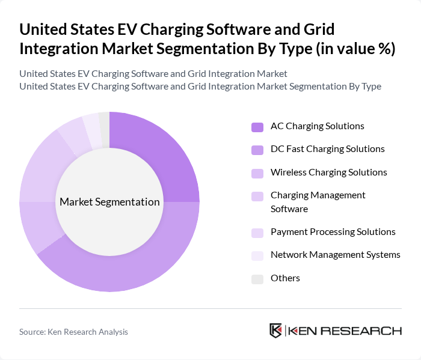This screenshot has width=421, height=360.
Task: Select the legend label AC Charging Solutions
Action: click(317, 126)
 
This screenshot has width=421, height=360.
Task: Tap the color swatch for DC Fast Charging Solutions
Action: click(257, 150)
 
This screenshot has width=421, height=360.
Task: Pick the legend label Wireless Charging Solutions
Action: click(328, 172)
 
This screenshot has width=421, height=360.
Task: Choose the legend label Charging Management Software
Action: click(318, 202)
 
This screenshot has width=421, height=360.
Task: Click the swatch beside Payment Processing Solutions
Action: click(257, 233)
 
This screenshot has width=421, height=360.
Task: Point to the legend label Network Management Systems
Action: click(335, 255)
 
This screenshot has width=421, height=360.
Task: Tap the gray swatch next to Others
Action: click(257, 279)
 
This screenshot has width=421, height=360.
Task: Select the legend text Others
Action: click(285, 278)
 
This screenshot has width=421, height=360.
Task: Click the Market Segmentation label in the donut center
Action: click(109, 202)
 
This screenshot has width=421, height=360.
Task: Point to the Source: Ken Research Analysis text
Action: click(73, 332)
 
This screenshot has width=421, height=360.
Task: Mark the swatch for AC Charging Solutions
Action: click(257, 127)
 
